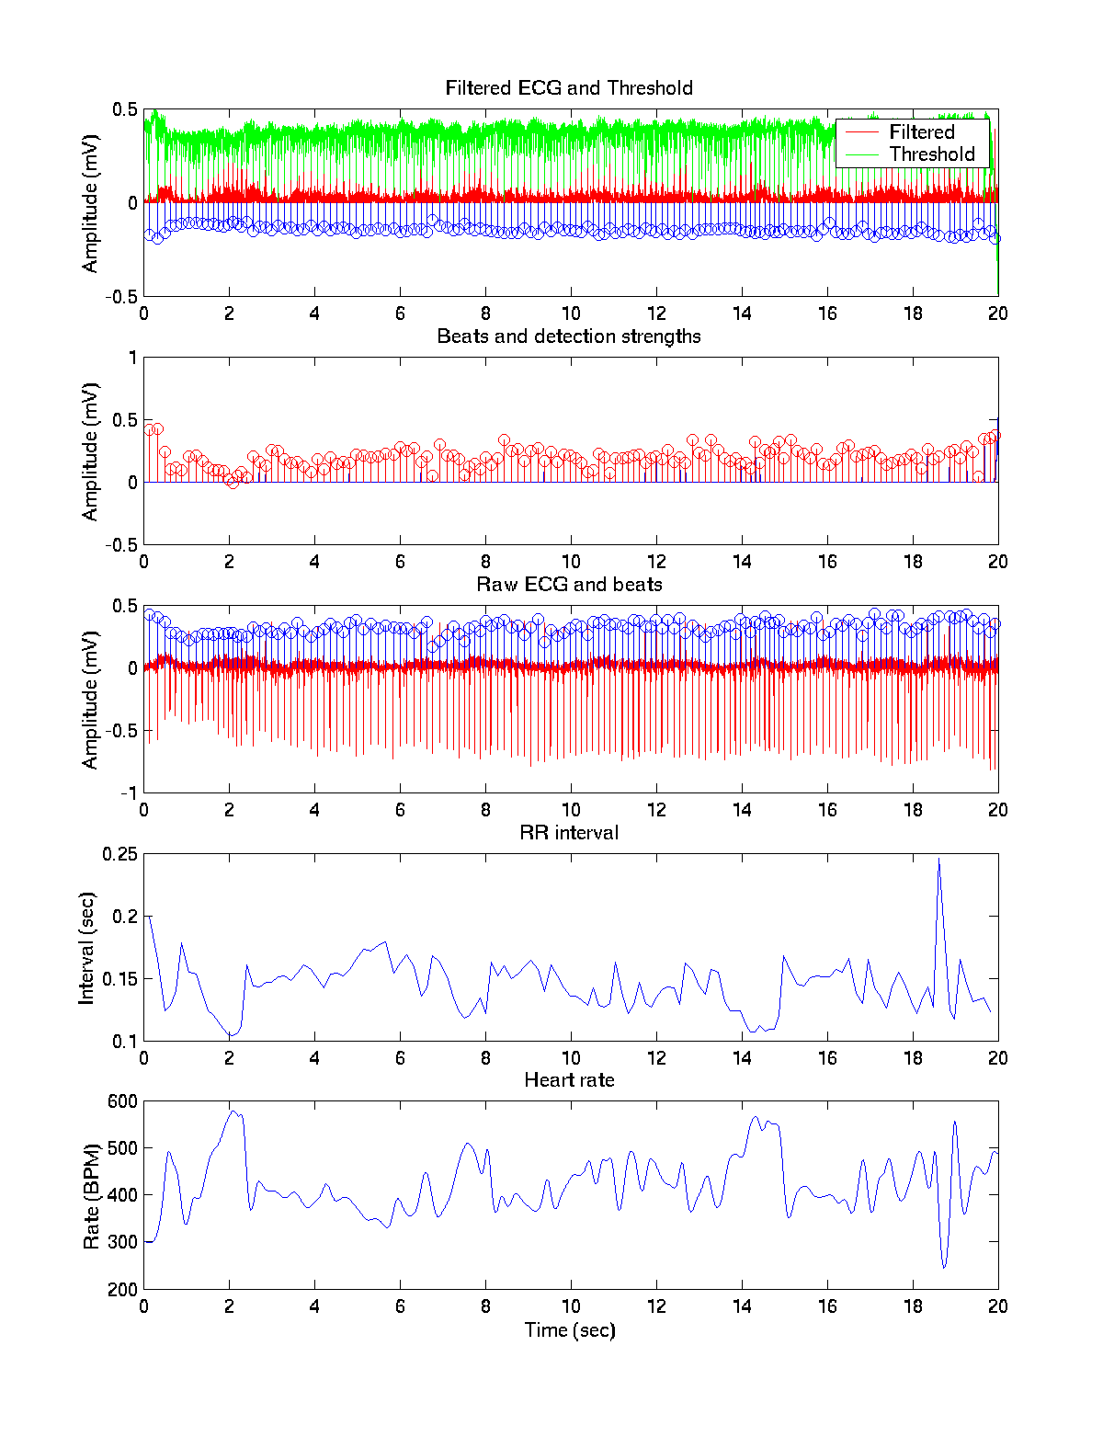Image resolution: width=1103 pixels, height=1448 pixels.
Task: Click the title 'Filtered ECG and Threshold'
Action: [x=569, y=88]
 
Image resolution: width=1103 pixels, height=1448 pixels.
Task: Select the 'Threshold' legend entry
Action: [x=931, y=154]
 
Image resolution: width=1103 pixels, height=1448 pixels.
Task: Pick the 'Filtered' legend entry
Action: [x=921, y=132]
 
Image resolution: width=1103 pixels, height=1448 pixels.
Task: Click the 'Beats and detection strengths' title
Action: [x=569, y=336]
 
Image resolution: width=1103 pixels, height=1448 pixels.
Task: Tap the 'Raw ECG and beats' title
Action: [x=569, y=585]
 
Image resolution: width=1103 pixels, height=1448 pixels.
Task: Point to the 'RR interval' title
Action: [x=569, y=833]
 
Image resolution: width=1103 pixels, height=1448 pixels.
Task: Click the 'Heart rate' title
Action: [x=569, y=1080]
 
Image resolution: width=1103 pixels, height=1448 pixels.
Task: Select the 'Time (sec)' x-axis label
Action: [x=569, y=1330]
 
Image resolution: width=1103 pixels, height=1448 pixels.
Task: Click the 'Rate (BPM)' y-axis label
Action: [x=91, y=1196]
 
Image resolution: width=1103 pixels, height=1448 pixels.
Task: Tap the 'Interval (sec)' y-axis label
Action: [x=86, y=948]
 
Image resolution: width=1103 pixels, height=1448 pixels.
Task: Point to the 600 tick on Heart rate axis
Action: [x=123, y=1101]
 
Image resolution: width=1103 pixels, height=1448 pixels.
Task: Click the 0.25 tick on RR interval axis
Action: [x=120, y=854]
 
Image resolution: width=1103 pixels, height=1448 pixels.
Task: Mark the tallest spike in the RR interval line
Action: [x=938, y=860]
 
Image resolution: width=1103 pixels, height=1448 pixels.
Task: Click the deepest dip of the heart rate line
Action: [x=944, y=1268]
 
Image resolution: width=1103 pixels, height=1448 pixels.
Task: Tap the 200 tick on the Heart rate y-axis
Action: [x=123, y=1290]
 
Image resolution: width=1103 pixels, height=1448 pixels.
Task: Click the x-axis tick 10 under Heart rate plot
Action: [x=571, y=1306]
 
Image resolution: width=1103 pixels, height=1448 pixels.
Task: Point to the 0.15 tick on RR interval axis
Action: [x=120, y=979]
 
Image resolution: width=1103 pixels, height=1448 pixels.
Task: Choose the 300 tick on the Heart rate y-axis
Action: [x=123, y=1242]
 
